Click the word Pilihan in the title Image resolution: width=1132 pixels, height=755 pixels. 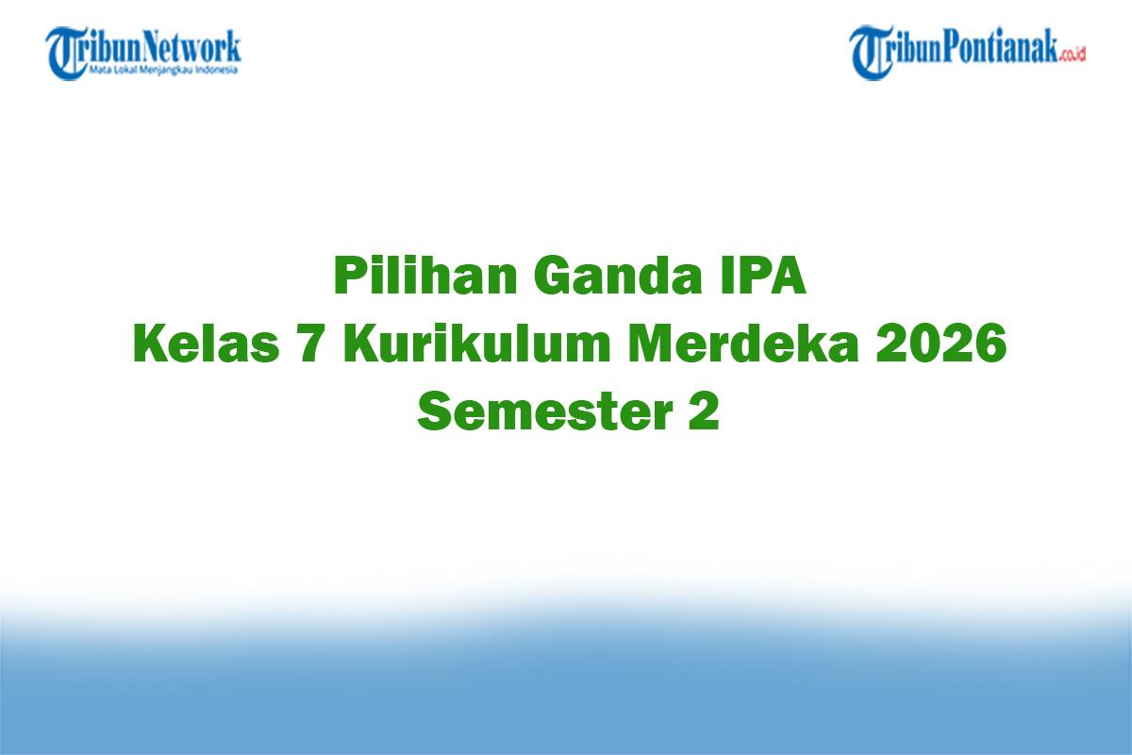pos(424,275)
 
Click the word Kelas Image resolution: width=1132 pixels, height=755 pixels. pos(207,343)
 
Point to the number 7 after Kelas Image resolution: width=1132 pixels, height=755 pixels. pos(312,344)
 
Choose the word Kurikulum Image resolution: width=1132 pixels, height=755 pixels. pos(476,343)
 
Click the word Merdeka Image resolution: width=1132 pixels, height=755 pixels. pos(742,343)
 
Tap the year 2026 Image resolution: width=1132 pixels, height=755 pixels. pos(941,344)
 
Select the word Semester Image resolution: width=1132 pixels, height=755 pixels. pos(545,411)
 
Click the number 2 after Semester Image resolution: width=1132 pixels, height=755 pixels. pos(704,411)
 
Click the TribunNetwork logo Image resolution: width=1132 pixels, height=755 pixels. pos(143,53)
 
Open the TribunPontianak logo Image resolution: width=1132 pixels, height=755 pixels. pos(967,53)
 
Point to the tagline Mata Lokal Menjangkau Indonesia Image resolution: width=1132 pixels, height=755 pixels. pos(163,70)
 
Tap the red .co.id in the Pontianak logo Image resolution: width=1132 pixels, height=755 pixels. pos(1072,55)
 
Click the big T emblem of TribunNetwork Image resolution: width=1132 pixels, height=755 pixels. pos(64,53)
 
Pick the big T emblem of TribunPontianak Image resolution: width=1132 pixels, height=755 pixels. pos(868,53)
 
